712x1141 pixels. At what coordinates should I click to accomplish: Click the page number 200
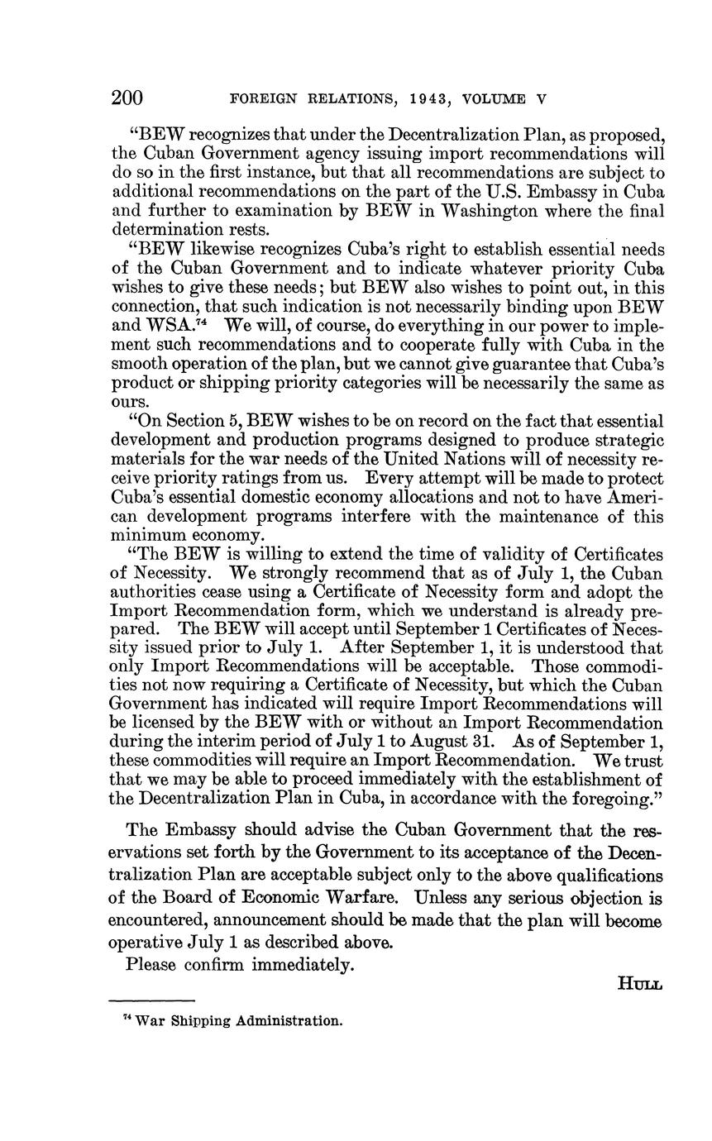click(127, 98)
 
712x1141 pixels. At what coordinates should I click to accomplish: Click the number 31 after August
click(482, 742)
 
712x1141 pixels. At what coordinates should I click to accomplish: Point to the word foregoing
click(605, 799)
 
